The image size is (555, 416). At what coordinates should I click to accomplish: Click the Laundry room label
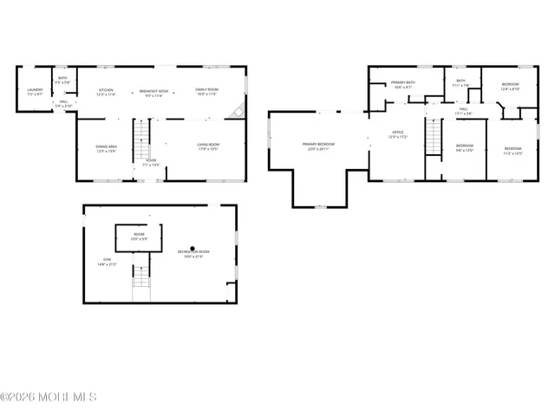(35, 91)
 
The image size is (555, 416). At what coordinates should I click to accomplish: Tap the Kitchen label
(106, 91)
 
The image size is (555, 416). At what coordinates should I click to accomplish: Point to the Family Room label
(206, 91)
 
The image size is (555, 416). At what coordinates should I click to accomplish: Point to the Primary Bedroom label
(318, 146)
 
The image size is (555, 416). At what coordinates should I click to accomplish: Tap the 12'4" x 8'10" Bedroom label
(510, 87)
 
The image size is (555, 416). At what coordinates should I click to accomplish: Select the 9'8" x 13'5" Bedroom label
(465, 147)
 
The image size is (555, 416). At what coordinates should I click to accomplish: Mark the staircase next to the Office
(434, 137)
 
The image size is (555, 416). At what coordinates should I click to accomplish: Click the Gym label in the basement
(108, 262)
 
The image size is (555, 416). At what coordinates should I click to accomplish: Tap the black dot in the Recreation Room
(193, 249)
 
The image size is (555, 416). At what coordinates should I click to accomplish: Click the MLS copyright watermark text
(49, 397)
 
